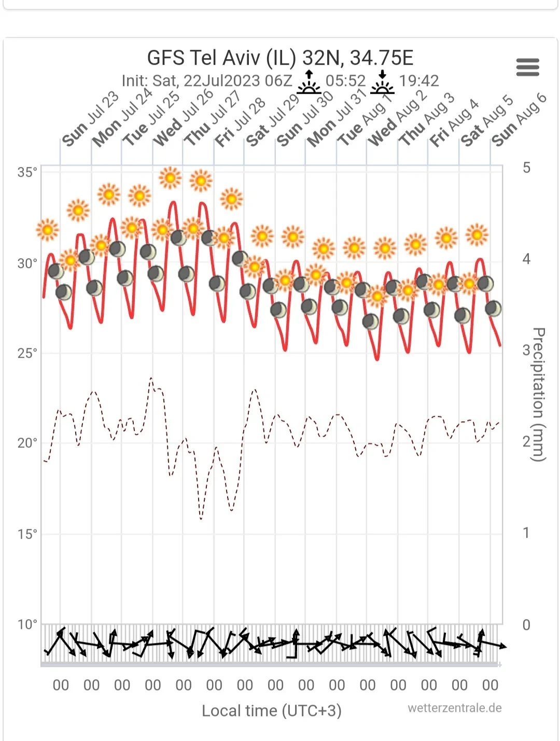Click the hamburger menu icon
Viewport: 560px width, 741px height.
pyautogui.click(x=527, y=67)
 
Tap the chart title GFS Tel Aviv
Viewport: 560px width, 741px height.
pyautogui.click(x=280, y=58)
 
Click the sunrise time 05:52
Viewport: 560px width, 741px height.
pyautogui.click(x=345, y=81)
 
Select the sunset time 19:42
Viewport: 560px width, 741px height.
pyautogui.click(x=418, y=81)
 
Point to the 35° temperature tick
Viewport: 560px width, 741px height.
pyautogui.click(x=27, y=172)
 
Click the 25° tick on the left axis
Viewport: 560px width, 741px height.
pyautogui.click(x=27, y=354)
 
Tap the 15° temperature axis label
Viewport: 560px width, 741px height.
pyautogui.click(x=27, y=534)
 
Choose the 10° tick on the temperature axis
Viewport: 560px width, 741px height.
pyautogui.click(x=27, y=624)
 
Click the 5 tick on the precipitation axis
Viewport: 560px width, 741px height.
pyautogui.click(x=526, y=167)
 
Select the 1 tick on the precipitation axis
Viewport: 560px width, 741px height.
pyautogui.click(x=526, y=533)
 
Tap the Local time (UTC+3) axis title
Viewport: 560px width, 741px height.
pyautogui.click(x=272, y=710)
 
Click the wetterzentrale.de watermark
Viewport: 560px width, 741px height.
pyautogui.click(x=454, y=708)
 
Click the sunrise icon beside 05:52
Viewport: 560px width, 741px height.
pyautogui.click(x=309, y=82)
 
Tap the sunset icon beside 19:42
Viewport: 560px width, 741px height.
pyautogui.click(x=382, y=82)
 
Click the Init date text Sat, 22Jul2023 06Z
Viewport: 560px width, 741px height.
pyautogui.click(x=207, y=81)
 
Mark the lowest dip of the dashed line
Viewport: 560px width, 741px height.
pyautogui.click(x=201, y=519)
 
